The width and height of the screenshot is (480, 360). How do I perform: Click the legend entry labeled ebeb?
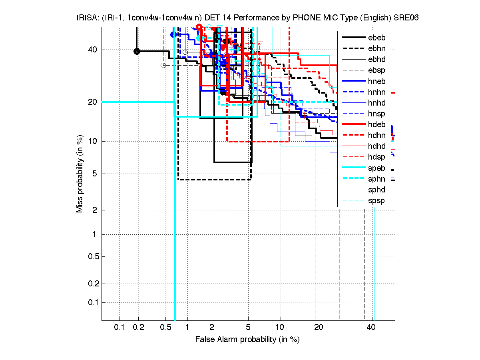tap(376, 38)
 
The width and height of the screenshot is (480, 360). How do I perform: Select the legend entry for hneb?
tap(376, 81)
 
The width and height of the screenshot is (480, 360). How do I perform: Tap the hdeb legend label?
tap(376, 124)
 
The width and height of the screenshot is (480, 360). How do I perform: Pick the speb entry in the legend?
tap(376, 168)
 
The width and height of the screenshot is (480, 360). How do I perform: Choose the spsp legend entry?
tap(376, 201)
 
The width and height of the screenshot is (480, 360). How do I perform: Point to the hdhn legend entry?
tap(376, 135)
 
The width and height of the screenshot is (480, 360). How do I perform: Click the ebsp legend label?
tap(376, 70)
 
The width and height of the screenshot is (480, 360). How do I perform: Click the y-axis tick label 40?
tap(92, 50)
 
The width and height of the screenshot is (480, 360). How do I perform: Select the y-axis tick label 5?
tap(94, 174)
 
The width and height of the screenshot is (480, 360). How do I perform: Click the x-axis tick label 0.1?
tap(120, 328)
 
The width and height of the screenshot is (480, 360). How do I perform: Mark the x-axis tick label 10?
tap(281, 328)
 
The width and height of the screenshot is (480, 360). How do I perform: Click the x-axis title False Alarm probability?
tap(247, 340)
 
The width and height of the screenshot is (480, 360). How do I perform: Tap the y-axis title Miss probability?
tap(80, 174)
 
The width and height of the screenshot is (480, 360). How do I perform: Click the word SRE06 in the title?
tap(407, 18)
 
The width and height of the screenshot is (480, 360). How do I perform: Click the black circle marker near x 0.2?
tap(137, 51)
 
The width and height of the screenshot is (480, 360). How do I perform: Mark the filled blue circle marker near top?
tap(173, 35)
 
